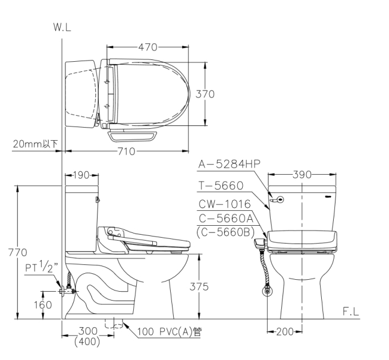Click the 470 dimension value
(x=148, y=47)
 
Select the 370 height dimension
(x=205, y=94)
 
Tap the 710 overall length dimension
(x=126, y=151)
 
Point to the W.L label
(x=62, y=27)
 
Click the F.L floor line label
(x=350, y=311)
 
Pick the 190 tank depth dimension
(x=81, y=175)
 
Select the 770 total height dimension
(x=18, y=252)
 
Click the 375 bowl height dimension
(x=199, y=287)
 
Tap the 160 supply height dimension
(x=43, y=305)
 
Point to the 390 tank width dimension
(x=302, y=175)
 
